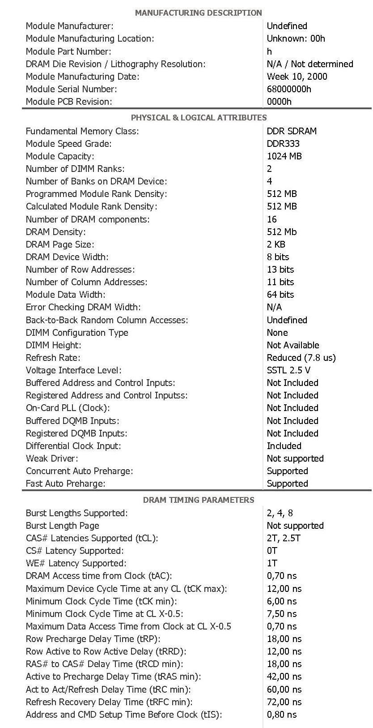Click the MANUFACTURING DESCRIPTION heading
[198, 13]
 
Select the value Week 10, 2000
[297, 77]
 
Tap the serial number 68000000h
[289, 89]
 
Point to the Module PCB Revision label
[69, 102]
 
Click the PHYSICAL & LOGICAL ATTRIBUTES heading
[199, 118]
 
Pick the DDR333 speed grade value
[283, 144]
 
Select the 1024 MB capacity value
[284, 156]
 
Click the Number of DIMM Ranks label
[75, 169]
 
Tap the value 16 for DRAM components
[272, 219]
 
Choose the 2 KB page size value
[276, 244]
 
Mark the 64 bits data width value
[280, 295]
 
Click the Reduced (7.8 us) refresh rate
[301, 358]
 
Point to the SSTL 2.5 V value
[288, 370]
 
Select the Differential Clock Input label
[73, 446]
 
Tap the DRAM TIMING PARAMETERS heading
[199, 500]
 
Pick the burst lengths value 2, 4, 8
[280, 513]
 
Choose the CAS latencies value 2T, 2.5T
[284, 538]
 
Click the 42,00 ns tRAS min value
[284, 677]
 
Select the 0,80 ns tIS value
[282, 715]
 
